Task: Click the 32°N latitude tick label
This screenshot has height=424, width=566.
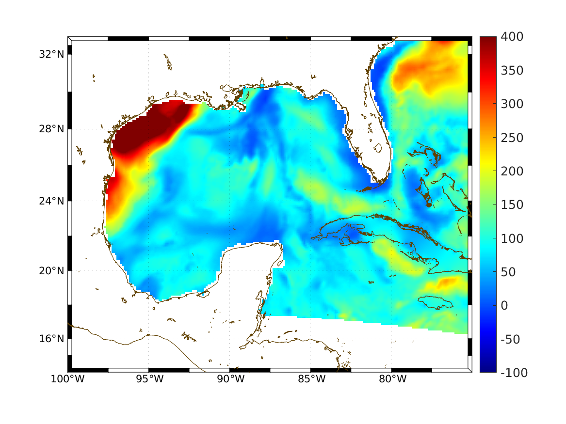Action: click(x=51, y=54)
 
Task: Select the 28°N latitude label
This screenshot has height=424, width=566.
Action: click(x=51, y=129)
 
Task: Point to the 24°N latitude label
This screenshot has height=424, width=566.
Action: click(x=51, y=201)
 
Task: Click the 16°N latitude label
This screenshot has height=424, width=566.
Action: click(x=51, y=338)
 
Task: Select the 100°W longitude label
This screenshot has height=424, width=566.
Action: click(x=67, y=379)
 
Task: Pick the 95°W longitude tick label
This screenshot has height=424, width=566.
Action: click(x=149, y=379)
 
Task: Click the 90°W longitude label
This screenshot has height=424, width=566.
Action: click(x=230, y=379)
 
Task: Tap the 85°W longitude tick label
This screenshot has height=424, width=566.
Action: click(x=311, y=379)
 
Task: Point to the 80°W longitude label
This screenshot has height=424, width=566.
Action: click(x=392, y=379)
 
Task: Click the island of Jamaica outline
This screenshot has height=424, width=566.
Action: click(x=436, y=302)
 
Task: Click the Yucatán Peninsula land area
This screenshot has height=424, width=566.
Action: click(x=247, y=276)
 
